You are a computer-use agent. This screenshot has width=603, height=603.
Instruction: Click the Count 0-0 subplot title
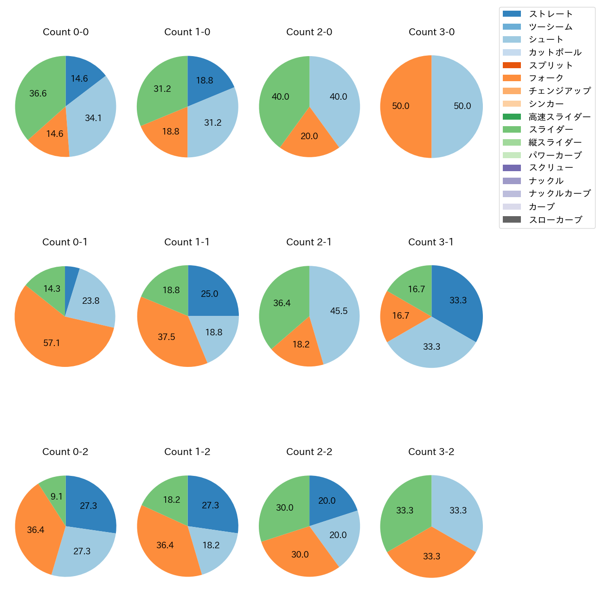(65, 32)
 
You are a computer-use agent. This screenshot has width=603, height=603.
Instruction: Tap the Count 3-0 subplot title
(431, 32)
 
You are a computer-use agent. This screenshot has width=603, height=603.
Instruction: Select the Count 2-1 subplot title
(309, 242)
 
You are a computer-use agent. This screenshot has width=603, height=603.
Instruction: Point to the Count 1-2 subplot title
(187, 452)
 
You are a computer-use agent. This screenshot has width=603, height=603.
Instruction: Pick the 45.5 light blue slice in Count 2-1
(336, 311)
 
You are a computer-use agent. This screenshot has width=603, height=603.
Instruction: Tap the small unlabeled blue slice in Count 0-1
(71, 278)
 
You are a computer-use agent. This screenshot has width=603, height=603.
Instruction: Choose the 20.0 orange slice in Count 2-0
(309, 135)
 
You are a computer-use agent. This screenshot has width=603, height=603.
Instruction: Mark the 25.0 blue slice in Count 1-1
(211, 293)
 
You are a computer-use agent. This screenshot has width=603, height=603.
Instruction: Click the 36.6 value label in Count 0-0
(38, 94)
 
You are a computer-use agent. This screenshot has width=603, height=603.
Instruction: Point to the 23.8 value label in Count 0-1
(91, 301)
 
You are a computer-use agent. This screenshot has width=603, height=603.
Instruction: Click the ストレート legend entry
(551, 14)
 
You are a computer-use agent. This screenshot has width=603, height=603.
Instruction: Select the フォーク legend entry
(546, 78)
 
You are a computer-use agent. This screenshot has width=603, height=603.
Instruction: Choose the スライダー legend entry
(551, 129)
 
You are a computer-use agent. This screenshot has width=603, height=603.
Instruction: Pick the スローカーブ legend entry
(555, 220)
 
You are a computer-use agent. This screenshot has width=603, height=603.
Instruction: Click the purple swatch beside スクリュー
(512, 168)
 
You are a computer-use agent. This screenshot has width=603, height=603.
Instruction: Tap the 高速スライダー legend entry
(559, 117)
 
